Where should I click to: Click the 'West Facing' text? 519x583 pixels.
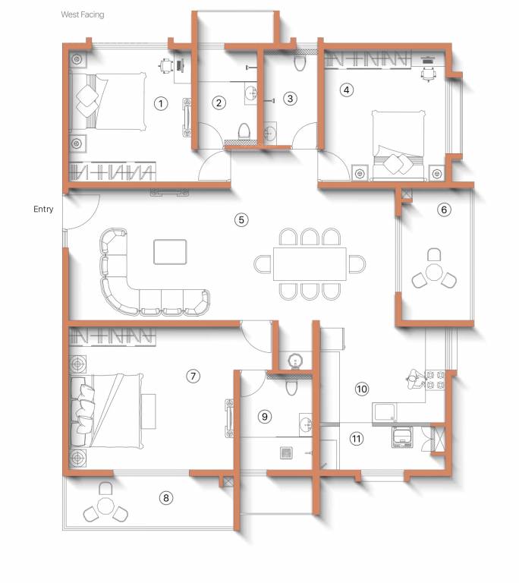tap(83, 14)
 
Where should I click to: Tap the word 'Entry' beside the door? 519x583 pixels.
tap(43, 209)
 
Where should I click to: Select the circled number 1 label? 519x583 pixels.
tap(160, 102)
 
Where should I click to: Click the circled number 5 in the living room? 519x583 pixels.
tap(241, 220)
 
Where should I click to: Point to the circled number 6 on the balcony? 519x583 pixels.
tap(445, 209)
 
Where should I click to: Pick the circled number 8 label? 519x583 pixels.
tap(166, 498)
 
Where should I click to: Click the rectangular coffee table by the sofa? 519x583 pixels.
tap(170, 251)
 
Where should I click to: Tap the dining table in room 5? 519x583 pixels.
tap(309, 263)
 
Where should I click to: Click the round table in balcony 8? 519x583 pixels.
tap(106, 506)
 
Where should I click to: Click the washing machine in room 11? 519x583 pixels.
tap(401, 438)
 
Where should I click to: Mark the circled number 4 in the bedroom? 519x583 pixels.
tap(347, 90)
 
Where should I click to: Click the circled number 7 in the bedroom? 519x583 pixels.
tap(193, 376)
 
